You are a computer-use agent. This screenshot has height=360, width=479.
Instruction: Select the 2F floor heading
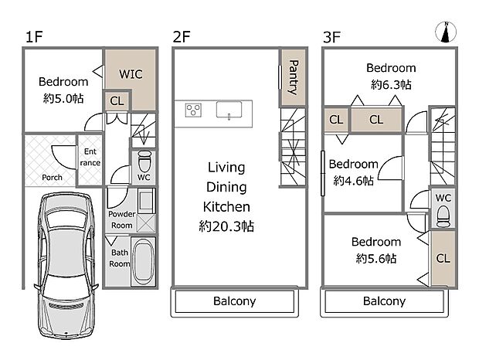pos(182,36)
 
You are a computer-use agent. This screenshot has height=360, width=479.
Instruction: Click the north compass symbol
pos(446,32)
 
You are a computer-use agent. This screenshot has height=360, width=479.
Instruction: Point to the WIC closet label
pos(131,74)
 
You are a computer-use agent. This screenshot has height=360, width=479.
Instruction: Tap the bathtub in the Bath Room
pos(144,262)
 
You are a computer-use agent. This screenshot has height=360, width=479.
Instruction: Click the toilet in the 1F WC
pos(144,164)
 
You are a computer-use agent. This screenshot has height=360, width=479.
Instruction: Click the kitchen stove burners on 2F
pos(193,110)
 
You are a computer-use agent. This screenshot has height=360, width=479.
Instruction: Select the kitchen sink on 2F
pos(230,110)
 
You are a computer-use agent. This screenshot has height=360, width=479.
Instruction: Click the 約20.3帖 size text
pos(226,226)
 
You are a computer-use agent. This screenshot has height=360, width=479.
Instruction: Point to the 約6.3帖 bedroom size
pos(390,84)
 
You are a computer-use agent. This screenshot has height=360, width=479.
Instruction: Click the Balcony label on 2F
pos(234,301)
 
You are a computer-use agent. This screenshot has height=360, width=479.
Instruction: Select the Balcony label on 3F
pos(384,301)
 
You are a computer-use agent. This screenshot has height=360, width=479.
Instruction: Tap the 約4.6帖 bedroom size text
pos(353,180)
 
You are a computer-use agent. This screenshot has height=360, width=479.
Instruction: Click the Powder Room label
pos(121,219)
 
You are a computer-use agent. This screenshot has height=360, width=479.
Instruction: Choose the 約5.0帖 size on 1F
pos(63,99)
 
